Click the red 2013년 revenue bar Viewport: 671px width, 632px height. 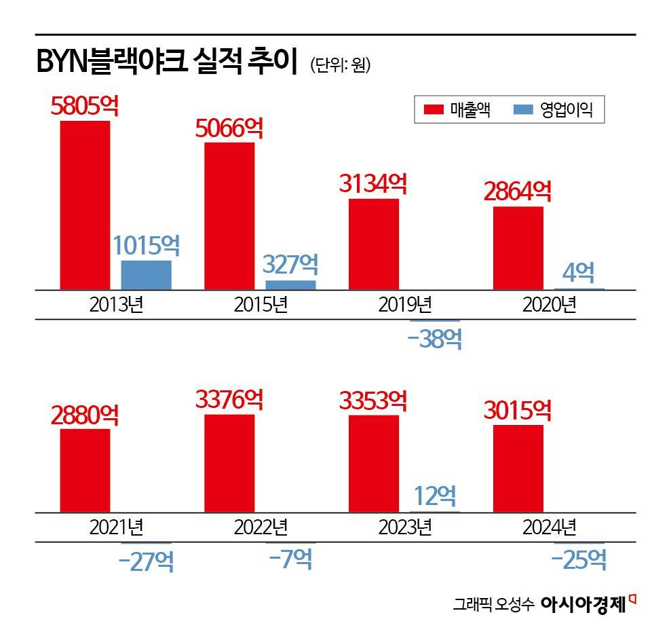coord(85,205)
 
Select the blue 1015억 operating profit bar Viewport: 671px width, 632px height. coord(146,275)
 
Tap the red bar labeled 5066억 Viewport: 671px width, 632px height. coord(229,216)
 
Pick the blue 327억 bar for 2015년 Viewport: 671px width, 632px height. coord(290,285)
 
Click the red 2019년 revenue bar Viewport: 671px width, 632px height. coord(374,244)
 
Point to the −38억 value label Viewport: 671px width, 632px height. coord(435,338)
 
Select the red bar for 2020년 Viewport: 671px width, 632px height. coord(518,248)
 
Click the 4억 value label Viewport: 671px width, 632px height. coord(579,274)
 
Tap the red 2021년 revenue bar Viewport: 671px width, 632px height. coord(85,470)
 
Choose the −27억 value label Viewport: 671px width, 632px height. coord(146,561)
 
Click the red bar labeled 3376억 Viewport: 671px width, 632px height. coord(229,463)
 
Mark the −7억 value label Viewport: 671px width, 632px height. coord(290,559)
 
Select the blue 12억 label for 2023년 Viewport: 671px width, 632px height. coord(435,496)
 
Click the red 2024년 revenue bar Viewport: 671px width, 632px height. coord(518,468)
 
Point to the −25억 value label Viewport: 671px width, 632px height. coord(579,559)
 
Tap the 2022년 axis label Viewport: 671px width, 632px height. coord(261,527)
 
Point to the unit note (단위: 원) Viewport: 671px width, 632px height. coord(340,66)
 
